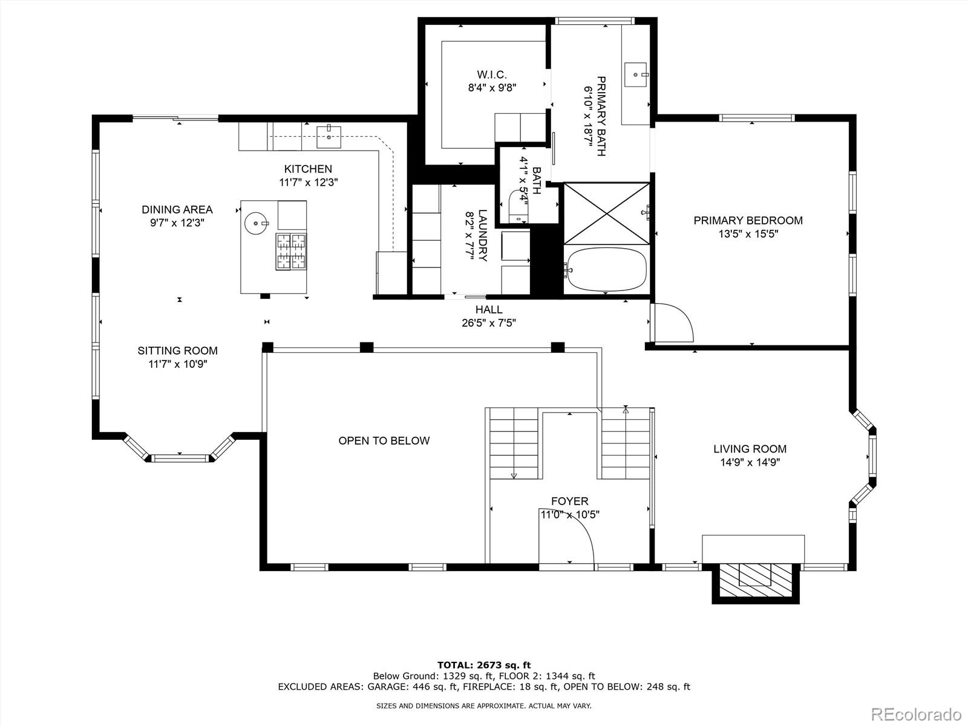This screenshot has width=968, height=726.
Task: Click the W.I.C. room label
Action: pyautogui.click(x=491, y=75)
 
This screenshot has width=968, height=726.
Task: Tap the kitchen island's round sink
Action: pyautogui.click(x=257, y=223)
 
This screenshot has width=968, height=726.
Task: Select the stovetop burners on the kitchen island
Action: pyautogui.click(x=292, y=251)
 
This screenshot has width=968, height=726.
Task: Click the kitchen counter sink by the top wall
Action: pyautogui.click(x=329, y=137)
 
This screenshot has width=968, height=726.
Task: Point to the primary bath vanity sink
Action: pyautogui.click(x=636, y=74)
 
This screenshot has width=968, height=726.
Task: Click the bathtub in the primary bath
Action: pyautogui.click(x=607, y=269)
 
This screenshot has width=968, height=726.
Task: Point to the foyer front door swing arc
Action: pyautogui.click(x=572, y=540)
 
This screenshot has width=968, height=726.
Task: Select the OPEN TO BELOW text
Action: pyautogui.click(x=384, y=440)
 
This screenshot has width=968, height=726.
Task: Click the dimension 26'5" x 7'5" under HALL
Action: pyautogui.click(x=488, y=323)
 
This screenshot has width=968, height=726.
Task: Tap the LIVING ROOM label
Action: pyautogui.click(x=750, y=449)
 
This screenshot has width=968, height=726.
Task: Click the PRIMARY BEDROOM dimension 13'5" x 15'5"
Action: pyautogui.click(x=748, y=234)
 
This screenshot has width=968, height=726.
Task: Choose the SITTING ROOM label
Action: pyautogui.click(x=177, y=350)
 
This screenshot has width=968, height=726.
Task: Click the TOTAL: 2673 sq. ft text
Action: pyautogui.click(x=484, y=665)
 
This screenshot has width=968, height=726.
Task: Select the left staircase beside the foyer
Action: pyautogui.click(x=513, y=443)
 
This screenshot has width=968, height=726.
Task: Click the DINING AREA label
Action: pyautogui.click(x=177, y=209)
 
